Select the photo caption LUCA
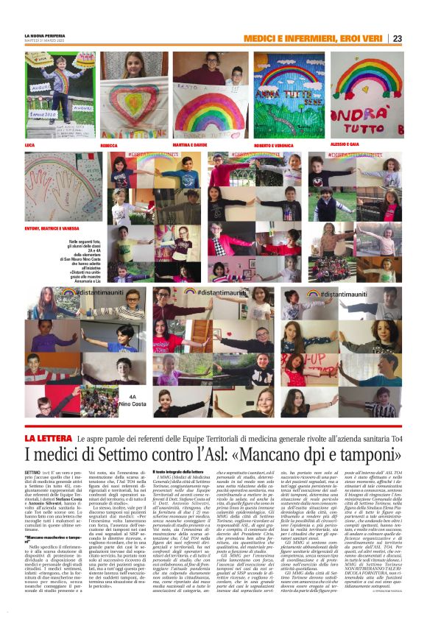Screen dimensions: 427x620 click(30, 145)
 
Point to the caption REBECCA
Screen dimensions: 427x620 click(110, 145)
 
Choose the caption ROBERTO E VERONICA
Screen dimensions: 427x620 click(263, 145)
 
